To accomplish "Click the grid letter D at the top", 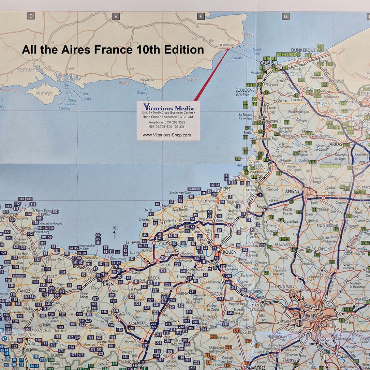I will tap(31, 16).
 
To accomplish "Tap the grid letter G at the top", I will tap(286, 16).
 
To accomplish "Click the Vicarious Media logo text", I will tap(169, 107).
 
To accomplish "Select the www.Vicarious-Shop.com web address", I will tap(166, 135).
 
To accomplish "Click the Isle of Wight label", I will tap(44, 93).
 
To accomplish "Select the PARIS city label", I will tap(311, 316).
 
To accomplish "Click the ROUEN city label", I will tap(229, 252).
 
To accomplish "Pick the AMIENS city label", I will tap(292, 191).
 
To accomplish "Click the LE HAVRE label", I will tap(133, 242).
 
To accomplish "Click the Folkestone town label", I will tap(226, 45).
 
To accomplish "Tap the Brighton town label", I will tap(125, 83).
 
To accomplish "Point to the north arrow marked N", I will tap(114, 232).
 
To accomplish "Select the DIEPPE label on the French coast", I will tap(225, 188).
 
